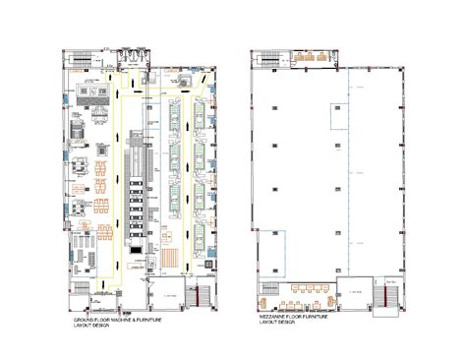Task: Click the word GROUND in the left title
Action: [87, 320]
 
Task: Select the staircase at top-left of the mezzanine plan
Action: [261, 59]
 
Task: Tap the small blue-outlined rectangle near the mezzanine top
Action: [337, 117]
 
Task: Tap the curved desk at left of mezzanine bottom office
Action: [268, 291]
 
